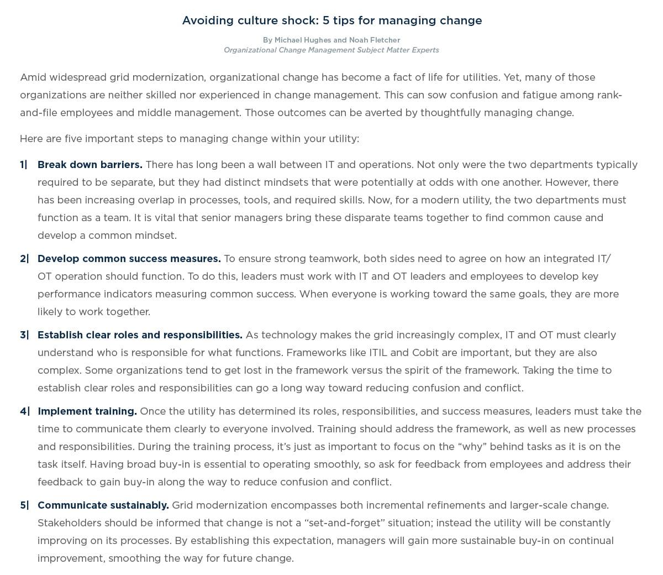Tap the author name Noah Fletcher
click(x=374, y=40)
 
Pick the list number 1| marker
click(x=24, y=165)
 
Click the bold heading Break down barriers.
click(x=90, y=165)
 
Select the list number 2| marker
click(x=24, y=259)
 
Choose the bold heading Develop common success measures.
click(x=129, y=259)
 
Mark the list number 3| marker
click(x=24, y=335)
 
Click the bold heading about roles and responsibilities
click(x=140, y=335)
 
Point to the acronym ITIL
click(x=378, y=353)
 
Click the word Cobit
click(x=425, y=353)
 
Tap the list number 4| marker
click(x=24, y=411)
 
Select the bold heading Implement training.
click(x=87, y=411)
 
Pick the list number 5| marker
click(x=24, y=505)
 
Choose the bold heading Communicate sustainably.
click(x=103, y=505)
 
